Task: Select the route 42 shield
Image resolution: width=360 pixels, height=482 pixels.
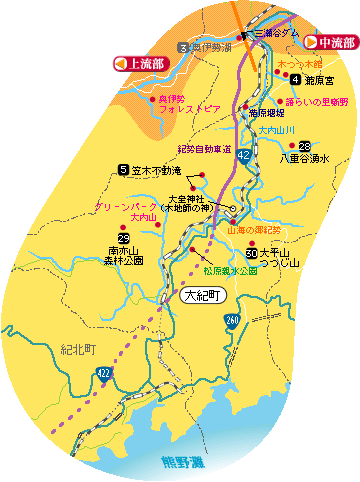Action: point(244,156)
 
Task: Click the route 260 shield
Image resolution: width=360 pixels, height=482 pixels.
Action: point(232,320)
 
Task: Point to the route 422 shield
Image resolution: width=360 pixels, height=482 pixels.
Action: point(103,372)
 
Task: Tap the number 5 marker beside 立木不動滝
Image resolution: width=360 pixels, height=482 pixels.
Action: point(123,170)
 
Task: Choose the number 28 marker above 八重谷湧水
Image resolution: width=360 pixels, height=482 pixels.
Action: point(304,145)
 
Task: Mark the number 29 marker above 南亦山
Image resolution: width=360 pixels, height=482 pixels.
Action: point(124,237)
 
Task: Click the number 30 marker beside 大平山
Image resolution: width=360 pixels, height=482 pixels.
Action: point(250,253)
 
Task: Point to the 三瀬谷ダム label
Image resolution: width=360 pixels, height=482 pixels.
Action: point(276,33)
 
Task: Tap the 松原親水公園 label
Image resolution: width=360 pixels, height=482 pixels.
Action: point(230,271)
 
